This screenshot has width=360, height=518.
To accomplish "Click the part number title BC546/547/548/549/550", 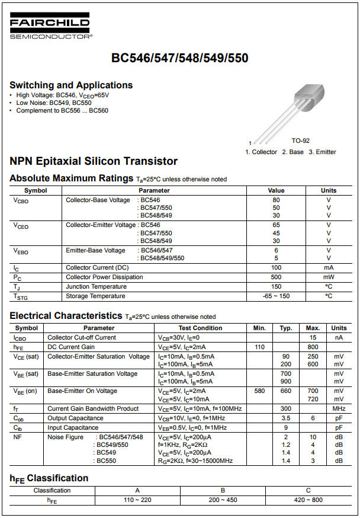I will [180, 58].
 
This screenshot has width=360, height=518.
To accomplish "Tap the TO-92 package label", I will [300, 141].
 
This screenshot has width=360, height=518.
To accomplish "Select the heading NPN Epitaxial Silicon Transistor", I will [94, 161].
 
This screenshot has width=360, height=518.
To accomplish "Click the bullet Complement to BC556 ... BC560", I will [62, 111].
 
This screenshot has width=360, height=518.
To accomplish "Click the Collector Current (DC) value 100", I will [276, 268].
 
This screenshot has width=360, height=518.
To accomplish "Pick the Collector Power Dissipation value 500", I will [276, 277].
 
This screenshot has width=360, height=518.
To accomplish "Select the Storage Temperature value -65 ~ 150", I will [276, 296].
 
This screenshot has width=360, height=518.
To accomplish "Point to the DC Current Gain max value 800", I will [313, 347].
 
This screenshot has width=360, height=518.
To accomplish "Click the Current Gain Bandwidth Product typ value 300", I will [286, 409].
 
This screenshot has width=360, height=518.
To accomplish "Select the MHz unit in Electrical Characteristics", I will [339, 409].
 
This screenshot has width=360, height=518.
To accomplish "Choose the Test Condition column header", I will [200, 328].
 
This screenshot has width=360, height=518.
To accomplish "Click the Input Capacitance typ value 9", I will [286, 427].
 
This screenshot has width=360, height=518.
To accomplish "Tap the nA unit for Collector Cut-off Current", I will [339, 337].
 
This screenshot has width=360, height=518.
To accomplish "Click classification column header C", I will [308, 491].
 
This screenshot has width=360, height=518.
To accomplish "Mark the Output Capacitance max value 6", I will [313, 418].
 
